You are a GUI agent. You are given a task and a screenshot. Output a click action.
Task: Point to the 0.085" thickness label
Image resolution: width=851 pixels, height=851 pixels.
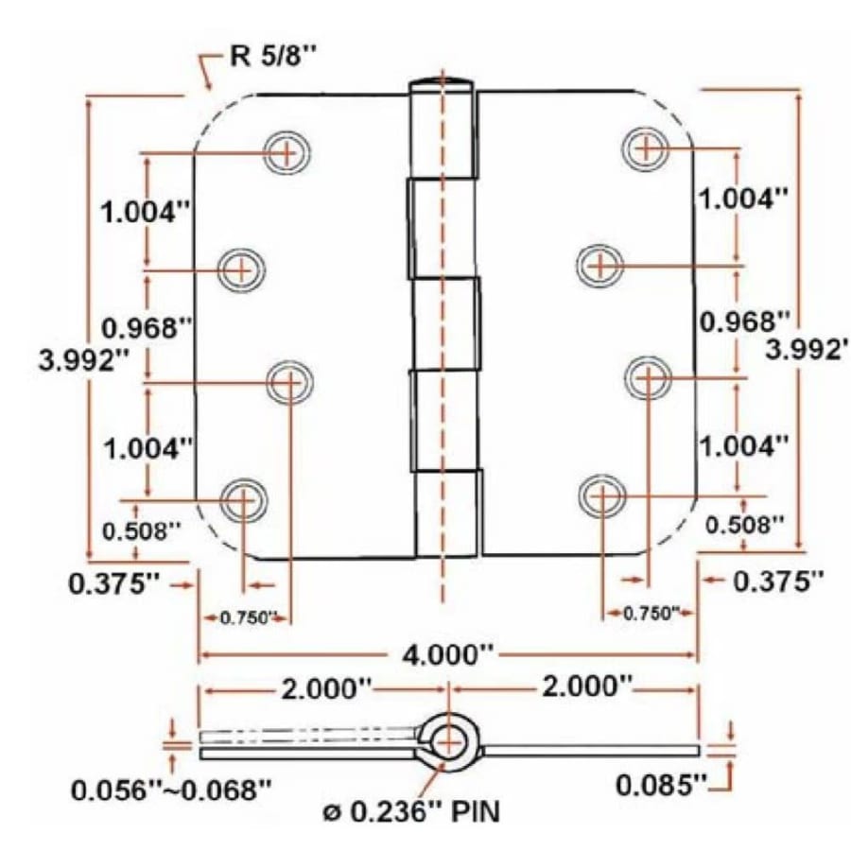[x=661, y=784]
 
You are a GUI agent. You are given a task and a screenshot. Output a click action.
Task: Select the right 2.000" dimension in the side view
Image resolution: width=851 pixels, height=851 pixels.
[x=586, y=686]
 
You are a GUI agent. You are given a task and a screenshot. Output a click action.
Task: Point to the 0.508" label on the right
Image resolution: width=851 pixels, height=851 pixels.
[x=743, y=523]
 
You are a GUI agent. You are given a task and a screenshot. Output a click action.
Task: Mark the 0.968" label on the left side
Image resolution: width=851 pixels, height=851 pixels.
[x=147, y=328]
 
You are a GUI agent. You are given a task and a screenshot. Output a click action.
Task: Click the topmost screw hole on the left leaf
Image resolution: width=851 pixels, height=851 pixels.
[x=287, y=150]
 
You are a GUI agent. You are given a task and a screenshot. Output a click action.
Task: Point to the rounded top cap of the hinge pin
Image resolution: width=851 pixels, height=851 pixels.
[x=442, y=82]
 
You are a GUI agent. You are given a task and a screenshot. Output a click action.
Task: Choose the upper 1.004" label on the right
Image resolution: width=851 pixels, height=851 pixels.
[x=743, y=199]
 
